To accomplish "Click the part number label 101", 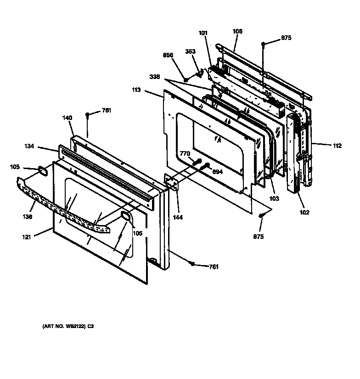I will click(x=203, y=33).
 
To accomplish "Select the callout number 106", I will click(x=237, y=31).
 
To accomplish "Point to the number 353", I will click(x=191, y=51).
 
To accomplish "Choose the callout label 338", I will click(x=155, y=77).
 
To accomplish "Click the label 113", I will click(x=136, y=91).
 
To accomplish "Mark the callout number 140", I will click(x=67, y=118).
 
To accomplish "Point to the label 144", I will click(x=177, y=217).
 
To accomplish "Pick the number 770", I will click(x=185, y=154).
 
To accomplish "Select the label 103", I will click(x=274, y=199).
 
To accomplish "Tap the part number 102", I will click(x=304, y=212).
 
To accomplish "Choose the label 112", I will click(x=337, y=146).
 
